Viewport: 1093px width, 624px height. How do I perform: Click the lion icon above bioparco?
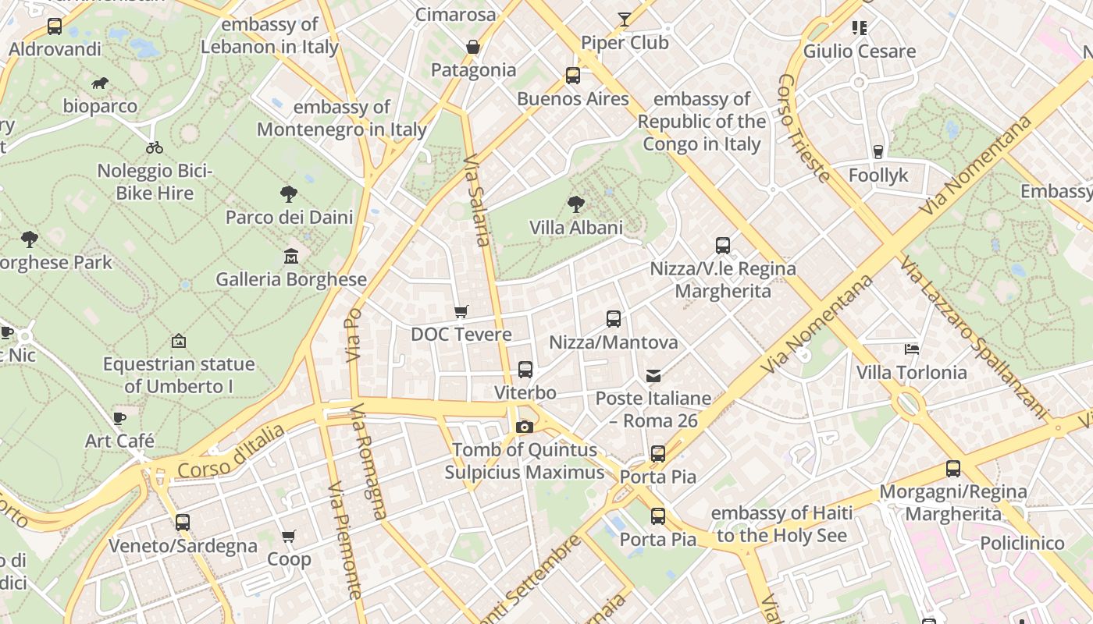pos(99,83)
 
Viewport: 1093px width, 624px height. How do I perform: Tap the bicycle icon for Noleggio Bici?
pos(155,147)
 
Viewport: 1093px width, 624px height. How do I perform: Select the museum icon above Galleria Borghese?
pos(291,256)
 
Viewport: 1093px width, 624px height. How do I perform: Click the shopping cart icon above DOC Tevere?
pos(461,311)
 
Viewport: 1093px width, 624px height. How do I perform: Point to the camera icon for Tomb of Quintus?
pos(525,427)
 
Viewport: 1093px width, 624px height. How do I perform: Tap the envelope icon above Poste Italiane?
pos(653,376)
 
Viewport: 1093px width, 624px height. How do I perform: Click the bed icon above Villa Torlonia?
pos(911,349)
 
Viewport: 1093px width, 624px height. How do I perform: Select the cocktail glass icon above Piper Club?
pos(625,19)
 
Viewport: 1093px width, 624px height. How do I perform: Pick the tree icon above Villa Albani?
pos(576,204)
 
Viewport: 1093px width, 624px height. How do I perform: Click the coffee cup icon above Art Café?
pos(119,418)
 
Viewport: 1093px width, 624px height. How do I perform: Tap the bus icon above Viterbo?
pos(525,369)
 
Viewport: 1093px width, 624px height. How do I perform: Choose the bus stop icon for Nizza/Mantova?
pos(614,319)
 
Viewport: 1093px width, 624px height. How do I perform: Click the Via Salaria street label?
pos(478,201)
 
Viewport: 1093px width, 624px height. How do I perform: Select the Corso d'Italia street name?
pos(231,452)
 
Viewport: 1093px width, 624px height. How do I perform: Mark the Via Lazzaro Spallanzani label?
pos(973,336)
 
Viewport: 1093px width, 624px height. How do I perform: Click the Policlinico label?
pos(1022,543)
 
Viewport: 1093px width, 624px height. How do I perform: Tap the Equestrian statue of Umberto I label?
pos(179,375)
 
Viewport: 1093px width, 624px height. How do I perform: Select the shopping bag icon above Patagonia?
pos(472,47)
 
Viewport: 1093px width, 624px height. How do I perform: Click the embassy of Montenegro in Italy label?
pos(342,119)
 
